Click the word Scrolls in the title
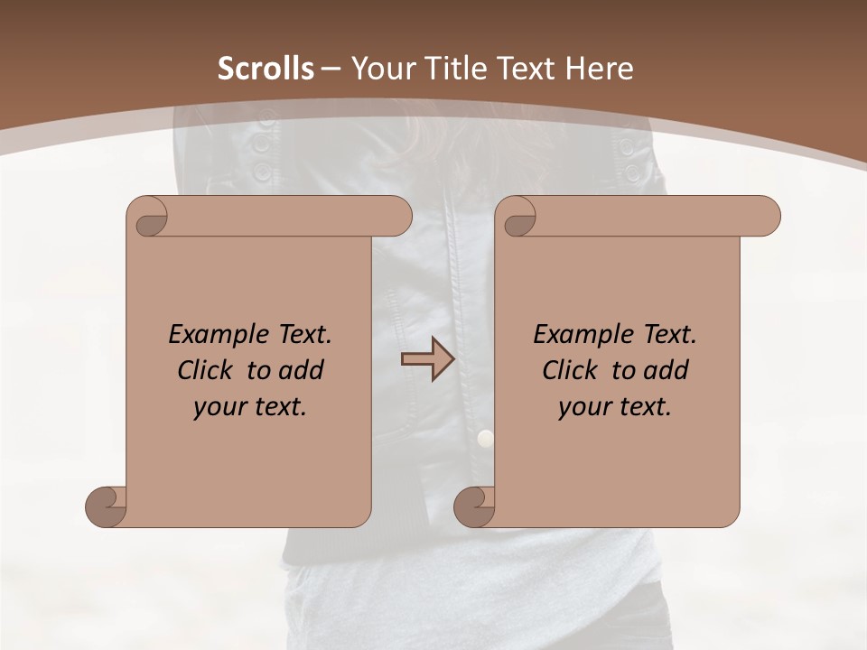(266, 69)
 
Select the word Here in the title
(596, 69)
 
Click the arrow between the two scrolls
(427, 359)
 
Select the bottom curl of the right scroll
(475, 506)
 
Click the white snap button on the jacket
(486, 439)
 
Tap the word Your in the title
(378, 69)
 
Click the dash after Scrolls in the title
(331, 69)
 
